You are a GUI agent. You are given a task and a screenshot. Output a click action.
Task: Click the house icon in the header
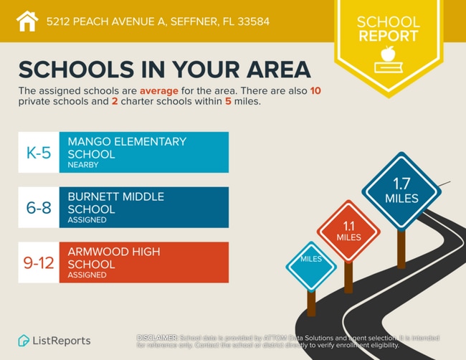pos(27,21)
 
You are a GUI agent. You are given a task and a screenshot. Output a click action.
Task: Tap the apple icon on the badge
pos(388,55)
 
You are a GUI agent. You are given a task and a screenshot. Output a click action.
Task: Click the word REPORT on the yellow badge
pos(388,35)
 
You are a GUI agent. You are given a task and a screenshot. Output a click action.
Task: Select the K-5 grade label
pos(38,152)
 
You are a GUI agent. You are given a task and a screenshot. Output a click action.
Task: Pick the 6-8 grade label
pos(38,207)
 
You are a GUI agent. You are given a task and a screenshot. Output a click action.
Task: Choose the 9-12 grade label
pos(38,262)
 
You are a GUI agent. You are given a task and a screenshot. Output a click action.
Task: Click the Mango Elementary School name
pos(126,148)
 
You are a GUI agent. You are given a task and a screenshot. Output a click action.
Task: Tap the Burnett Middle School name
pos(115,203)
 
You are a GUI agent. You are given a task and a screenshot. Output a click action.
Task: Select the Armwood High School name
pos(114,258)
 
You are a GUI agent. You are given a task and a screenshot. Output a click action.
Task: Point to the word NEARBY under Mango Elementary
pos(82,165)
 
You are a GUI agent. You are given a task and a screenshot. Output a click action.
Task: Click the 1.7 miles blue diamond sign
pos(401,190)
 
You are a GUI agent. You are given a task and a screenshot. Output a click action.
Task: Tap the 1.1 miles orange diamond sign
pos(348,230)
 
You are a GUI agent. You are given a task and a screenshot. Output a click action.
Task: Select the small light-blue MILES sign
pos(311,259)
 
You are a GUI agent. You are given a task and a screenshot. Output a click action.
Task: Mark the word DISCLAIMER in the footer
pos(156,336)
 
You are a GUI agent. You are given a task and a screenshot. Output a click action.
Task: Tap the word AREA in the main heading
pos(273,69)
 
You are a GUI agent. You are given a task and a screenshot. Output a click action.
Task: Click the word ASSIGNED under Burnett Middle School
pos(87,220)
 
